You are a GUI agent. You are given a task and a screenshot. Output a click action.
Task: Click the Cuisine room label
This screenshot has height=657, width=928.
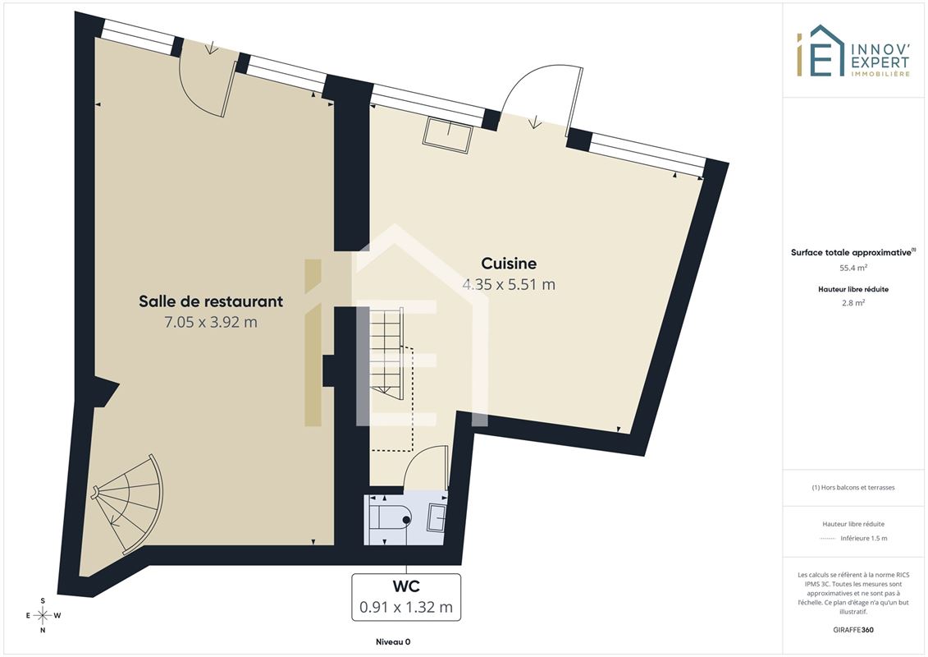[x=509, y=263]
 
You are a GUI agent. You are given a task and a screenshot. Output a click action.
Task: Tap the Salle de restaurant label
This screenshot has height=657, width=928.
[x=211, y=301]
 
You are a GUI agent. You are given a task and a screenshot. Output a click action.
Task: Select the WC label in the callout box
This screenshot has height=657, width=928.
[x=406, y=586]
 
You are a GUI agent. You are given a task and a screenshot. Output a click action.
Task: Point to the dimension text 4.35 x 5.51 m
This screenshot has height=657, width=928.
[x=509, y=284]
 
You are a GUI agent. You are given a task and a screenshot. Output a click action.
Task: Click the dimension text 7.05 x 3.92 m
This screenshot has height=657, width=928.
[x=211, y=322]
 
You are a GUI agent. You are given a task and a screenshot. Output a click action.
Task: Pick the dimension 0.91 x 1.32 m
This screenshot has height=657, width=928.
[x=406, y=607]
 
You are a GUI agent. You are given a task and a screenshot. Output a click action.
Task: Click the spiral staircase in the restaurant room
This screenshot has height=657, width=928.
[x=128, y=503]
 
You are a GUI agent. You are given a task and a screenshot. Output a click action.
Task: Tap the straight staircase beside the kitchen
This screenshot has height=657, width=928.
[x=387, y=352]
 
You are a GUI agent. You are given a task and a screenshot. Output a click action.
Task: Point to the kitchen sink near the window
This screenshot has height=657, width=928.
[x=447, y=136]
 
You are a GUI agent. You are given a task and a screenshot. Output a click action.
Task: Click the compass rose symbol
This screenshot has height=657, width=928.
[x=43, y=616]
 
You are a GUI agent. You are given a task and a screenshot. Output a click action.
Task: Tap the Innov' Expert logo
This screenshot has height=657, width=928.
[x=853, y=51]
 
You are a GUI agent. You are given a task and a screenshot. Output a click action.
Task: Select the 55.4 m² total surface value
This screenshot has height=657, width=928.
[x=853, y=268]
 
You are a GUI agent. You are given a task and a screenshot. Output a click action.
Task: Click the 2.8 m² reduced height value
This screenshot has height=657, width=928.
[x=853, y=303]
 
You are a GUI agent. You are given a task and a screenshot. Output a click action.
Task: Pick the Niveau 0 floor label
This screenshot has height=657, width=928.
[x=393, y=641]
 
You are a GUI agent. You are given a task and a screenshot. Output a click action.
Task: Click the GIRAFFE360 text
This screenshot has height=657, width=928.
[x=853, y=630]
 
